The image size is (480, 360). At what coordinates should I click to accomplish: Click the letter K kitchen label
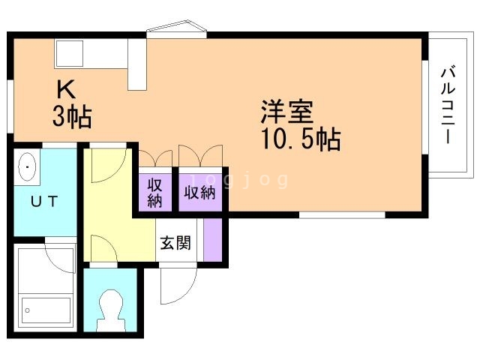(x=67, y=88)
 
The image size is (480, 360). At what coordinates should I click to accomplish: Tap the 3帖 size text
(x=72, y=117)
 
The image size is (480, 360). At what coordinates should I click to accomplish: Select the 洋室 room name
(x=287, y=112)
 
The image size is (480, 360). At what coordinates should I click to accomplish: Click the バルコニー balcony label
(x=448, y=104)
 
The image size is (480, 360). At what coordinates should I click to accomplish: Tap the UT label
(x=44, y=201)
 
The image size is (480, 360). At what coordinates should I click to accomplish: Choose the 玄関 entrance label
(x=175, y=243)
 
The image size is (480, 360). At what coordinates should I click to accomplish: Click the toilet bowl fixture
(x=111, y=310)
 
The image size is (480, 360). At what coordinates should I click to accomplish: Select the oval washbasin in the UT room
(x=27, y=167)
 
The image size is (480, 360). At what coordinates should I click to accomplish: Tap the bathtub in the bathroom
(x=46, y=310)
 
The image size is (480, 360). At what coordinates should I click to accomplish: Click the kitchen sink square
(x=70, y=53)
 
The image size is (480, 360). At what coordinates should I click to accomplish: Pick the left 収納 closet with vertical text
(x=155, y=193)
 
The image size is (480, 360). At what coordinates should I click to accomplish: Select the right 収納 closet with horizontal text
(x=200, y=193)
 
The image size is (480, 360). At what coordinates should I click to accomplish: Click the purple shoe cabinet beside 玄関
(x=213, y=240)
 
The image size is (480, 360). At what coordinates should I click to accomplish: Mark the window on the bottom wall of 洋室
(x=342, y=215)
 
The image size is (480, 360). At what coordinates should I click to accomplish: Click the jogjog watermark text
(x=239, y=181)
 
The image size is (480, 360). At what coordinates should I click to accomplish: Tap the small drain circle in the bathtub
(x=28, y=310)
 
